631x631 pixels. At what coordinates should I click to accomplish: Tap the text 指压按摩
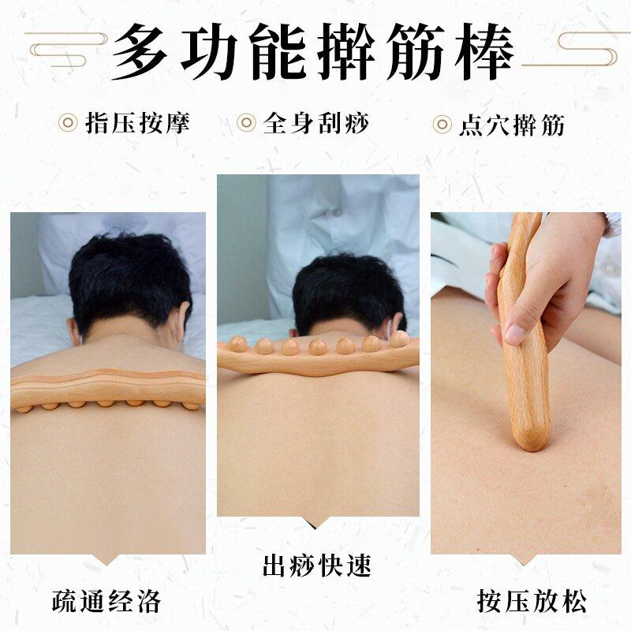point(137,123)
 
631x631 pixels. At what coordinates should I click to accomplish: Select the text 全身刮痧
point(315,123)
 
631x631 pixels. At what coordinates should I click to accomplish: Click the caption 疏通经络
point(106,601)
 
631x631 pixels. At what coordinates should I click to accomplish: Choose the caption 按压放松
point(532,601)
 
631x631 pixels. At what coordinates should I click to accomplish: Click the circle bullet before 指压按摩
point(69,123)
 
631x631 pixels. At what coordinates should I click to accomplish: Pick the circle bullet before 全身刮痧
point(247,123)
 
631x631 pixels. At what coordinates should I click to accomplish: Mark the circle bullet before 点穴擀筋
point(442,125)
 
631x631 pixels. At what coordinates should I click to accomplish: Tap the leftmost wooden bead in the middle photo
point(238,344)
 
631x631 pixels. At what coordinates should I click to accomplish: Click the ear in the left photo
point(75,330)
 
